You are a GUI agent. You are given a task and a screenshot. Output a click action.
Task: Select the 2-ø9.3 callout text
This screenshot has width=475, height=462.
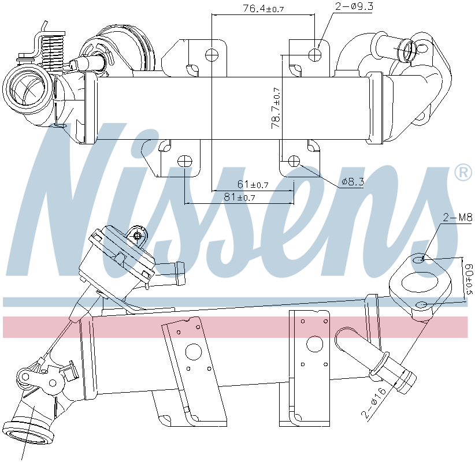[354, 7]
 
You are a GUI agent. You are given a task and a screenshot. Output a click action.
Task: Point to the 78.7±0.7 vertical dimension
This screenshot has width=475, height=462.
[276, 107]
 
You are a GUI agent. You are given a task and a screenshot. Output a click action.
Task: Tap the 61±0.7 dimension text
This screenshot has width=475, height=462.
[252, 185]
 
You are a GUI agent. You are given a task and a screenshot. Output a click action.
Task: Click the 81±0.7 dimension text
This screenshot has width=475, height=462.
[239, 198]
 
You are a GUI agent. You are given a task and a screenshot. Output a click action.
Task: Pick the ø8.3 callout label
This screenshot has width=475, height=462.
[352, 182]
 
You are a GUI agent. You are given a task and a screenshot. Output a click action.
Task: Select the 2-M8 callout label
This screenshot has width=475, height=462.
[457, 218]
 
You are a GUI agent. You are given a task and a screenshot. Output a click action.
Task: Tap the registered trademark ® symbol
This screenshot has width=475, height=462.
[462, 173]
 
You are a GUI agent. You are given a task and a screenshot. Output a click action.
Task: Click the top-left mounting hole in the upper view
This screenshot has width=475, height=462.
[212, 55]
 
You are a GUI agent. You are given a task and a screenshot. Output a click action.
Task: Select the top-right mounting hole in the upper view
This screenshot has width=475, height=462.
[315, 55]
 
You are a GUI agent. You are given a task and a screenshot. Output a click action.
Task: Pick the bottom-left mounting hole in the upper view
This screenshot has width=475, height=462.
[184, 161]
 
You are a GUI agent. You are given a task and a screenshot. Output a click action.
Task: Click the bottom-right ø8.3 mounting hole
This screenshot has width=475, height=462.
[294, 161]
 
